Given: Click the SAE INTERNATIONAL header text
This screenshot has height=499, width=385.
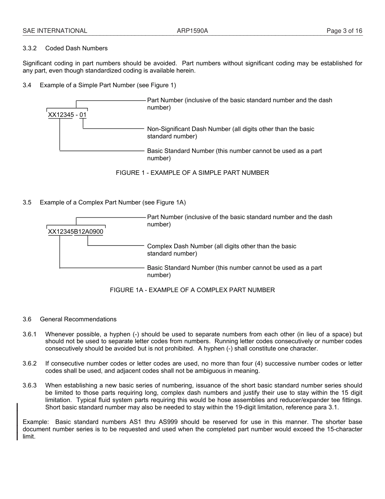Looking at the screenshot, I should (x=55, y=31).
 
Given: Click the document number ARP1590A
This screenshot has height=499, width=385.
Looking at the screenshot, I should (x=192, y=31).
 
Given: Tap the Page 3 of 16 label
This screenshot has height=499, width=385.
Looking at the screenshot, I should (x=344, y=31).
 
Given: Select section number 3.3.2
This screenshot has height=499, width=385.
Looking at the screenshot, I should (x=30, y=48).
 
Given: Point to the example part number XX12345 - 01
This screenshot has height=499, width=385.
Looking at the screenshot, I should (x=67, y=115).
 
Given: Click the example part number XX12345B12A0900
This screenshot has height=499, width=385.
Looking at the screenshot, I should (x=76, y=232).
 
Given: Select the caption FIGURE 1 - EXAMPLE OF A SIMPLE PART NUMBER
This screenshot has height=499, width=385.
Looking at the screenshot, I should (x=192, y=173).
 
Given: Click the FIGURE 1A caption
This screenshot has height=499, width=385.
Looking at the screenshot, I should (x=192, y=290).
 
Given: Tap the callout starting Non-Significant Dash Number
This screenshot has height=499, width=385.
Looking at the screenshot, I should (x=230, y=133).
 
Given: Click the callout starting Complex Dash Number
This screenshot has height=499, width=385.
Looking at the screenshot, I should (x=221, y=250).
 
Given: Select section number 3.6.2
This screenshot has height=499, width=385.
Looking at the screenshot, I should (x=30, y=363).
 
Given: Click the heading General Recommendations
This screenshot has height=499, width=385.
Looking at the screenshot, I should (x=78, y=319).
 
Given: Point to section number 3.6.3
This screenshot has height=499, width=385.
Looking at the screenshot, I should (x=30, y=385).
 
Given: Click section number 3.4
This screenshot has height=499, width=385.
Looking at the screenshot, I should (x=27, y=85).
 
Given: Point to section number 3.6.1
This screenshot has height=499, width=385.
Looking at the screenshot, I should (x=30, y=334).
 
